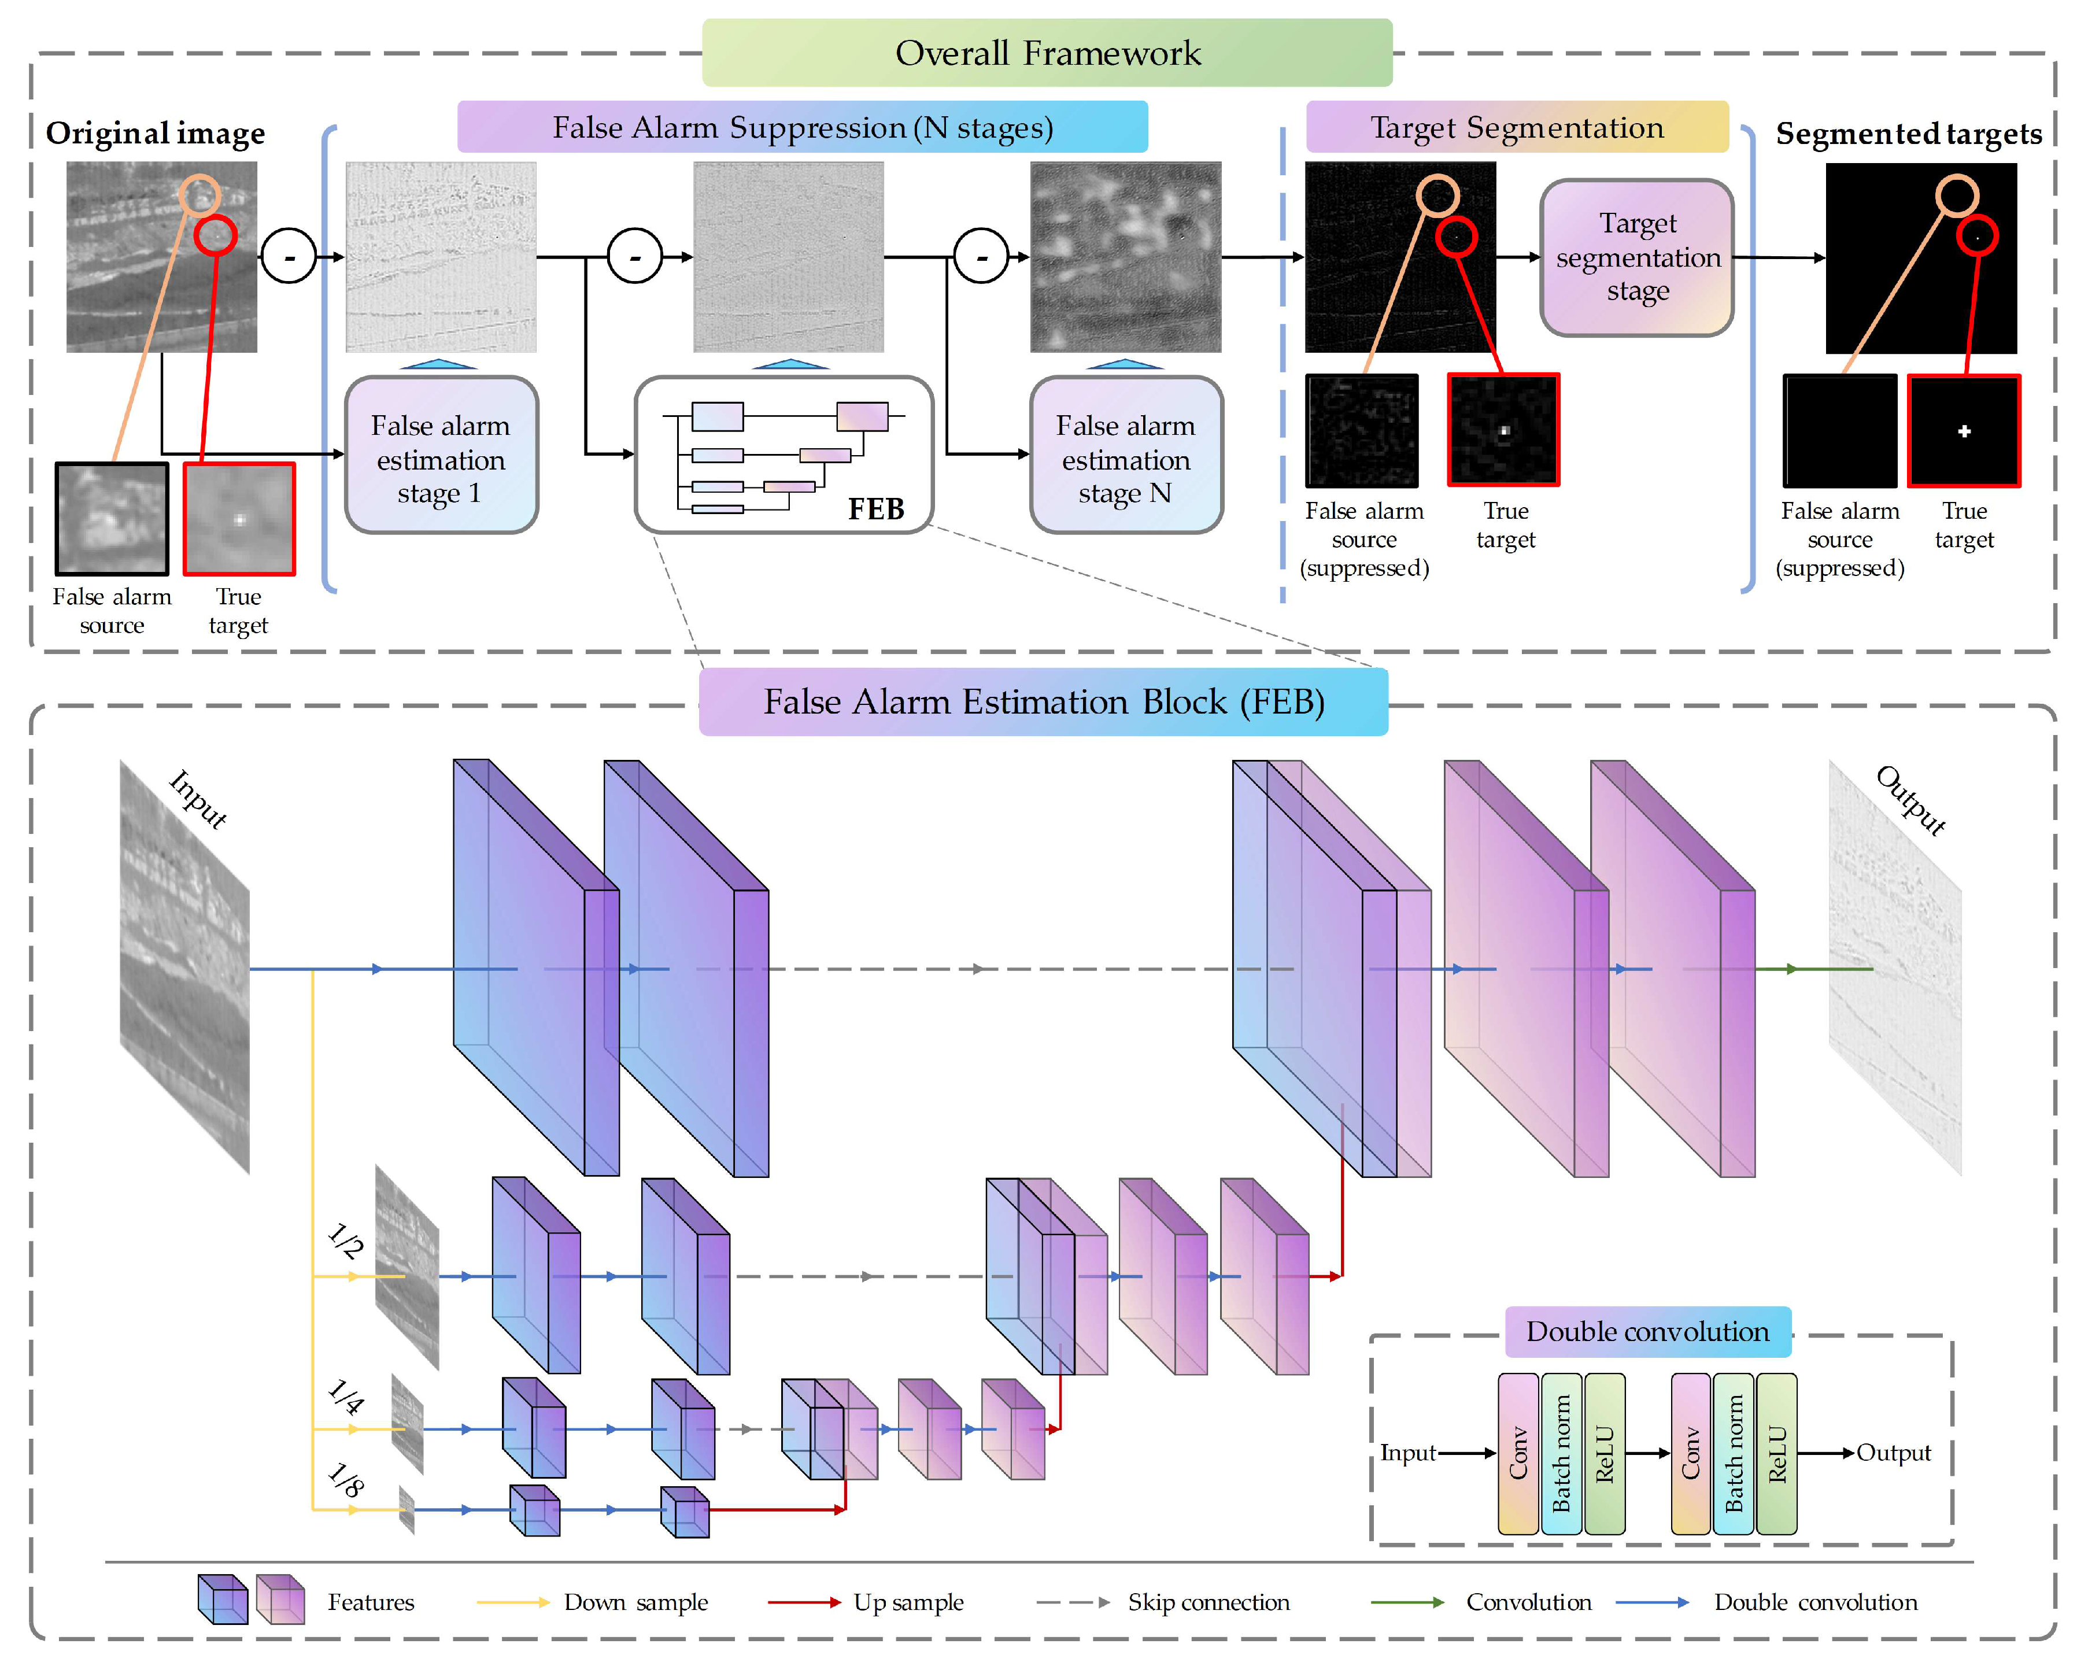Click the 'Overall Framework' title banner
coord(1047,53)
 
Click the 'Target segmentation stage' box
coord(1637,257)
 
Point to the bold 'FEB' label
coord(875,509)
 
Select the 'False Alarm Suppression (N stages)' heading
coord(803,127)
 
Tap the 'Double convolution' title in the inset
coord(1647,1332)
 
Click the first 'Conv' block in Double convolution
coord(1518,1453)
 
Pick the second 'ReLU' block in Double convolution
coord(1776,1453)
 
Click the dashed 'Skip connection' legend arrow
coord(1072,1602)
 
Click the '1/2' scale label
coord(345,1241)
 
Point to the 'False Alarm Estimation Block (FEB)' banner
coord(1043,701)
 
